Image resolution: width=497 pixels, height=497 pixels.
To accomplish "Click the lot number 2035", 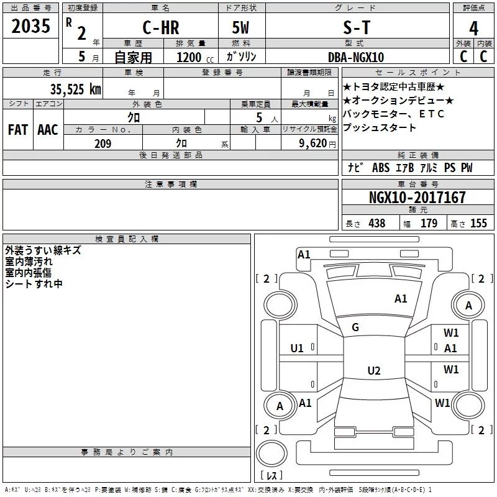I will [30, 27].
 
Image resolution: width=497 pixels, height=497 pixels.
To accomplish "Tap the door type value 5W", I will [240, 27].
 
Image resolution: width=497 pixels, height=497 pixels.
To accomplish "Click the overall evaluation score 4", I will [474, 29].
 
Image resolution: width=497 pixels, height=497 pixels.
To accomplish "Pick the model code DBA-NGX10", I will [356, 57].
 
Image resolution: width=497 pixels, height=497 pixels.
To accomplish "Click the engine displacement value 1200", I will [189, 57].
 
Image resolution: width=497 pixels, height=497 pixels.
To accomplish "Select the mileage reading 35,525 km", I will [75, 89].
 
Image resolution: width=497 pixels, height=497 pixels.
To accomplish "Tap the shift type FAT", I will [17, 130].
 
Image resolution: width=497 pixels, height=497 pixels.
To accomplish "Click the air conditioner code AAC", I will [48, 130].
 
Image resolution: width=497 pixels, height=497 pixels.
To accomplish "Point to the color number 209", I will [103, 144].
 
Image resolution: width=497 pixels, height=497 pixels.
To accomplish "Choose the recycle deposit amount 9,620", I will [313, 144].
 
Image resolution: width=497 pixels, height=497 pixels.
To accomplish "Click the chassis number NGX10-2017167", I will [417, 198].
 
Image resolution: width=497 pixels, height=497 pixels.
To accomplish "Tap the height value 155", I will [478, 224].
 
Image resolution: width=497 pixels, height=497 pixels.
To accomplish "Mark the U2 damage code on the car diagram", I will [373, 371].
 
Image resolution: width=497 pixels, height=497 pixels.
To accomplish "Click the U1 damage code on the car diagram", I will [297, 348].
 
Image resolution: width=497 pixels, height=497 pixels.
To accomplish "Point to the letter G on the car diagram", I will [355, 327].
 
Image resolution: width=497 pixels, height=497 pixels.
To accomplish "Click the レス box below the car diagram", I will [271, 475].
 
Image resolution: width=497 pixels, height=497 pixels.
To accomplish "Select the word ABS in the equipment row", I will [380, 168].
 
